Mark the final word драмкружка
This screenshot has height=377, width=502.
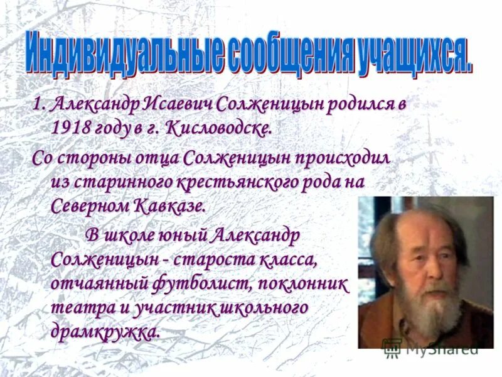[105, 332]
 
